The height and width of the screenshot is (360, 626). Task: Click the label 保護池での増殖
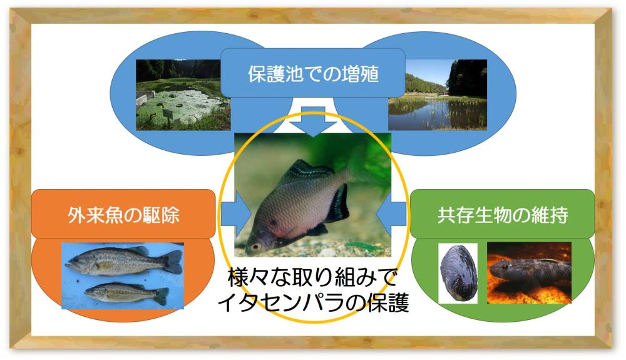314,75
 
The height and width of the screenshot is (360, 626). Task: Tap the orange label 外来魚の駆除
123,215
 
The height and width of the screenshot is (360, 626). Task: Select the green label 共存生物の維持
503,215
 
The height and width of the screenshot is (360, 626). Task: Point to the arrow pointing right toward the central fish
237,215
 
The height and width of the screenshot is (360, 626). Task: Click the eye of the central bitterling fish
255,246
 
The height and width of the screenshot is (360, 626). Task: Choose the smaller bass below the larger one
126,294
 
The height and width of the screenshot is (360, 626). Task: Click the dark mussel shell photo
458,273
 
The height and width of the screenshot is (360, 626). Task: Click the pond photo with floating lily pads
183,95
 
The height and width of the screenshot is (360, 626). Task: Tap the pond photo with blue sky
438,95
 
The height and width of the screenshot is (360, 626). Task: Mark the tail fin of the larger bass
173,262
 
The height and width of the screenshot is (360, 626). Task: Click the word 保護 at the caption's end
389,303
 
